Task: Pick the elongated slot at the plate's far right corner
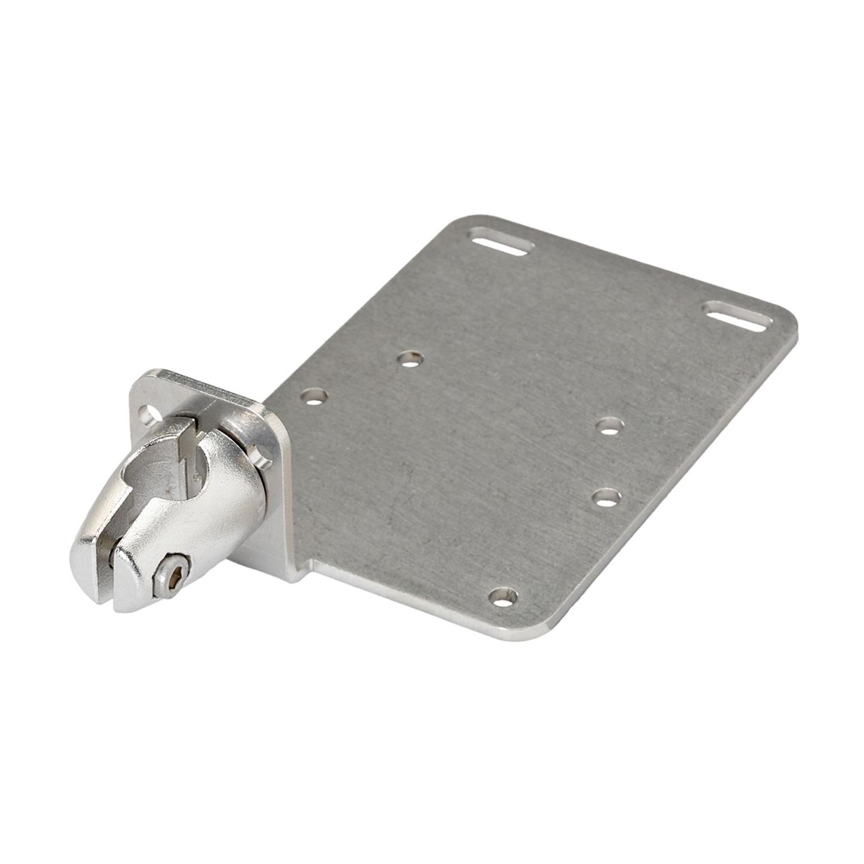[x=738, y=317]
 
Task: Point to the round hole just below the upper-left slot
[x=410, y=359]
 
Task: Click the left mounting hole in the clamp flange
[x=146, y=413]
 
